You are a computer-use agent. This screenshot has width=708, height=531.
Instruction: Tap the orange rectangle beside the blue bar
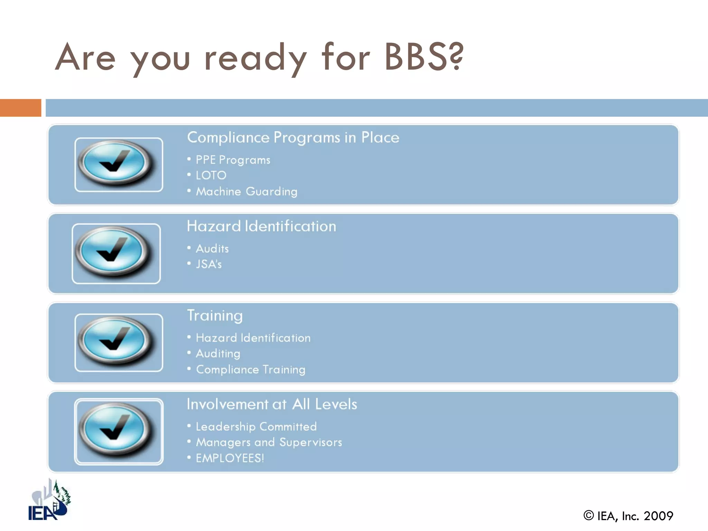pyautogui.click(x=20, y=108)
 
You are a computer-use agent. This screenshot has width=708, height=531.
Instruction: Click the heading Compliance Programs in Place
pyautogui.click(x=293, y=138)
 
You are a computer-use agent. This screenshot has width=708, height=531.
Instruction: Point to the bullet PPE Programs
pyautogui.click(x=233, y=160)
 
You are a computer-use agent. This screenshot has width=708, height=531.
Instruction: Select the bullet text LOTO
pyautogui.click(x=211, y=176)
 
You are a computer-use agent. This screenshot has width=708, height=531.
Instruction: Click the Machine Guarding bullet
pyautogui.click(x=246, y=192)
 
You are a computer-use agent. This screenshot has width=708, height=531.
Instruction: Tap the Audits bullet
pyautogui.click(x=212, y=249)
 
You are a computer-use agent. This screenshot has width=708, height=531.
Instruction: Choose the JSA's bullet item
pyautogui.click(x=208, y=264)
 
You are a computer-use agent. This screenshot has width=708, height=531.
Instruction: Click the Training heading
pyautogui.click(x=215, y=316)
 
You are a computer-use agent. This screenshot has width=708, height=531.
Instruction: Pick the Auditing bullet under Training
pyautogui.click(x=218, y=354)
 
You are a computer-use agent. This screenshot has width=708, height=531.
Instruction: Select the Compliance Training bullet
pyautogui.click(x=251, y=370)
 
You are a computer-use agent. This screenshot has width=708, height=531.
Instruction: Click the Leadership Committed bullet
pyautogui.click(x=256, y=427)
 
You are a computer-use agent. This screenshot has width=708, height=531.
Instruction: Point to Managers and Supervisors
pyautogui.click(x=269, y=442)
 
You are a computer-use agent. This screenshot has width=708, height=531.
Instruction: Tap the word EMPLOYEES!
pyautogui.click(x=230, y=458)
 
